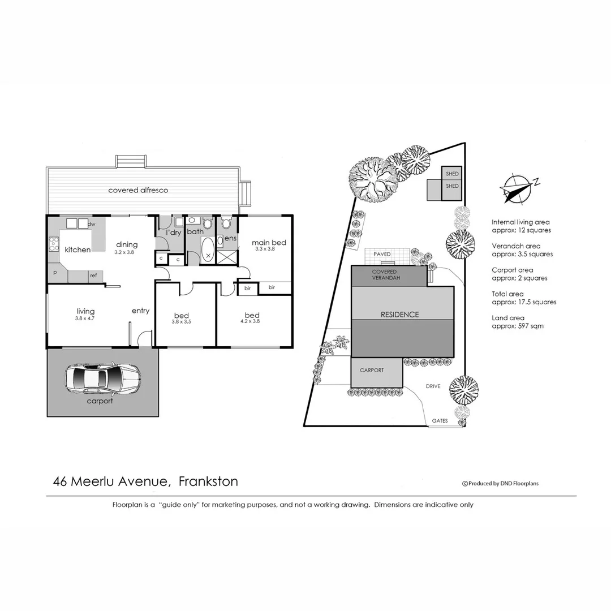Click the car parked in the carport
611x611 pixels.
102,378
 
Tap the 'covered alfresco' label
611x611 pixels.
138,190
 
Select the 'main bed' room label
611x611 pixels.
269,243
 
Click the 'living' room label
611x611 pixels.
85,311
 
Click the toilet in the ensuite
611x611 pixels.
226,224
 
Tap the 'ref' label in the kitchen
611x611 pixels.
93,276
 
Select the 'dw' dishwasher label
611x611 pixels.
92,224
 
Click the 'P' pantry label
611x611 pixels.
55,273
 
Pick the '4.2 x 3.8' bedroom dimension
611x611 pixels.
252,322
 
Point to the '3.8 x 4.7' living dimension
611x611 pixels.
85,319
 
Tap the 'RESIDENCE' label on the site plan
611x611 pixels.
399,315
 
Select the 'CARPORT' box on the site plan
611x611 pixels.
372,371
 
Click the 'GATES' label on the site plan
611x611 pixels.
440,421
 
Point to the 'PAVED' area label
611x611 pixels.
382,255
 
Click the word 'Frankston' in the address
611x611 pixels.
208,481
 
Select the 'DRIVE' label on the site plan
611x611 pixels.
433,386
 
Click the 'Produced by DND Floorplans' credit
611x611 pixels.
500,484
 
